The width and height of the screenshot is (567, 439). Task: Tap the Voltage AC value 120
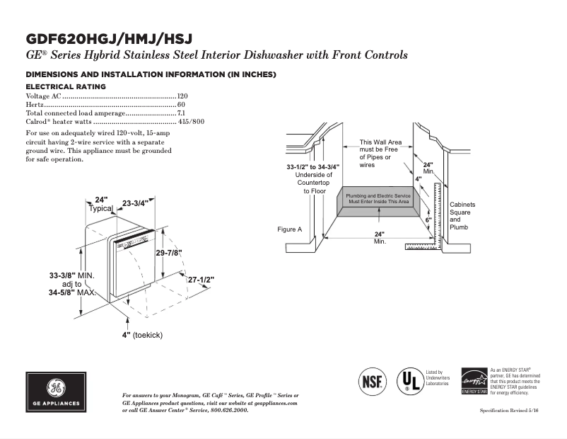click(182, 96)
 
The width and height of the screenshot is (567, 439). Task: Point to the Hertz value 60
click(181, 104)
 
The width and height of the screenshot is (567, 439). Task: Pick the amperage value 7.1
click(181, 113)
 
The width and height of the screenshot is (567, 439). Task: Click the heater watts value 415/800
click(190, 122)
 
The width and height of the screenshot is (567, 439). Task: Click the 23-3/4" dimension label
click(135, 203)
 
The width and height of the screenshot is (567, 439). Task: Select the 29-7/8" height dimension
click(169, 253)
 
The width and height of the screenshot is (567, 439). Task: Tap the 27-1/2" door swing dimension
click(201, 280)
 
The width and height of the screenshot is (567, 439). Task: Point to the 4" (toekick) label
click(142, 335)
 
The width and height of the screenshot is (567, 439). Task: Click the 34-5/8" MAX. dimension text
click(71, 292)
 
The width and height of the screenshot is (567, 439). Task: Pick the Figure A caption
click(289, 229)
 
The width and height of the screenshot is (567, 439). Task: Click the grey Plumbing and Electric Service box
click(378, 199)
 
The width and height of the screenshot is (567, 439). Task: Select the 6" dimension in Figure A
click(428, 220)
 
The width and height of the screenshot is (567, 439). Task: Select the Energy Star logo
click(474, 381)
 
